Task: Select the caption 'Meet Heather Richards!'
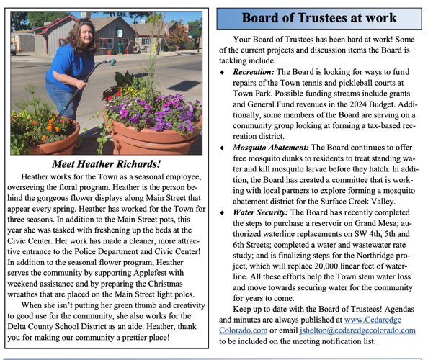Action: pyautogui.click(x=107, y=163)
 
